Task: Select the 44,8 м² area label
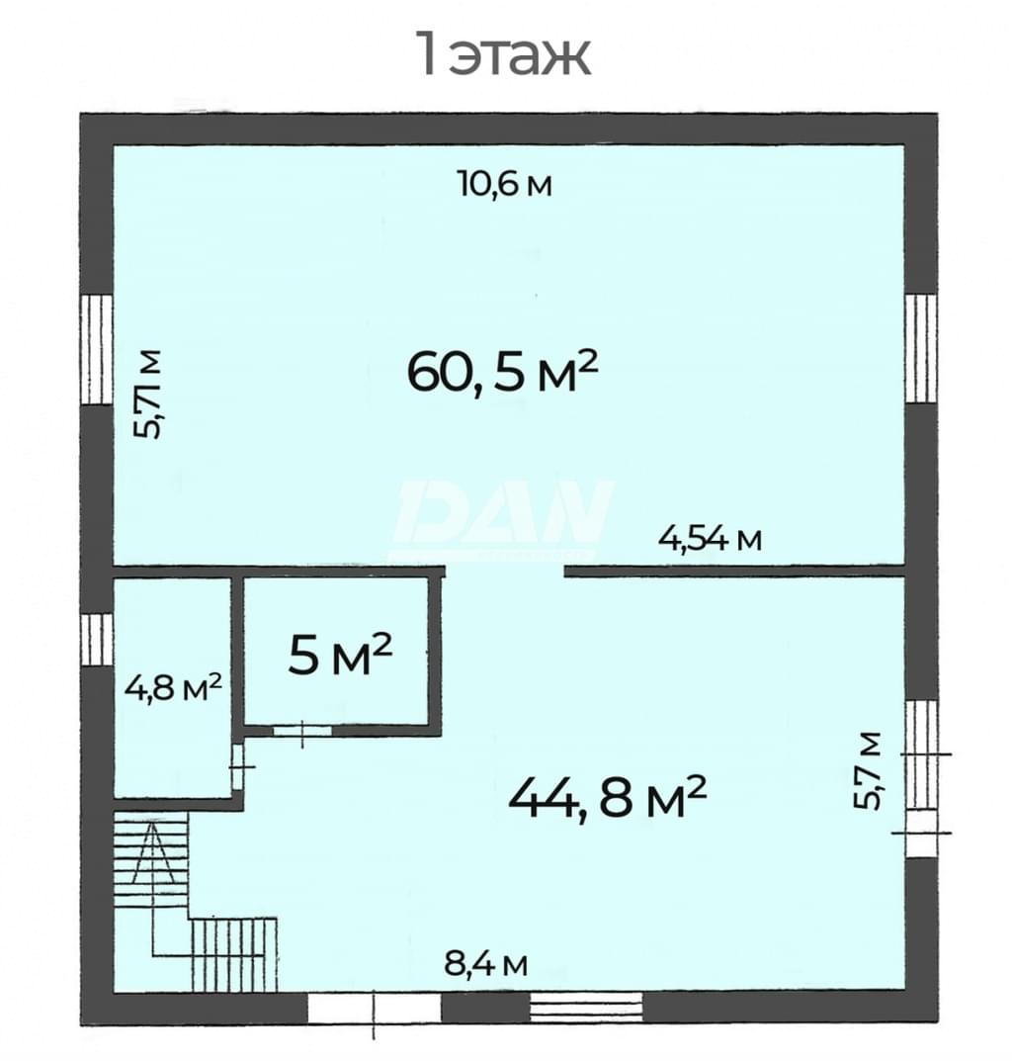(x=607, y=796)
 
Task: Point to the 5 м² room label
(x=340, y=655)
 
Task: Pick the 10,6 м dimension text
(x=505, y=183)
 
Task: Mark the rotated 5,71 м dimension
(x=147, y=395)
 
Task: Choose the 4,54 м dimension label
(x=711, y=539)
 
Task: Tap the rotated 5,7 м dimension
(x=868, y=770)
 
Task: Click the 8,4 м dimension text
(x=485, y=963)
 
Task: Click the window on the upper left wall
(x=96, y=349)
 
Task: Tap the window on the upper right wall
(x=921, y=348)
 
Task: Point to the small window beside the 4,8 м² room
(x=96, y=640)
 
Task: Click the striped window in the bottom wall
(x=586, y=1009)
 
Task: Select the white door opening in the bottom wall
(x=375, y=1009)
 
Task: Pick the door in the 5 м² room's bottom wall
(x=302, y=731)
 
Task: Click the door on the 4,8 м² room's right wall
(x=237, y=766)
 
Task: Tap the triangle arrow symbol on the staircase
(x=154, y=852)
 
